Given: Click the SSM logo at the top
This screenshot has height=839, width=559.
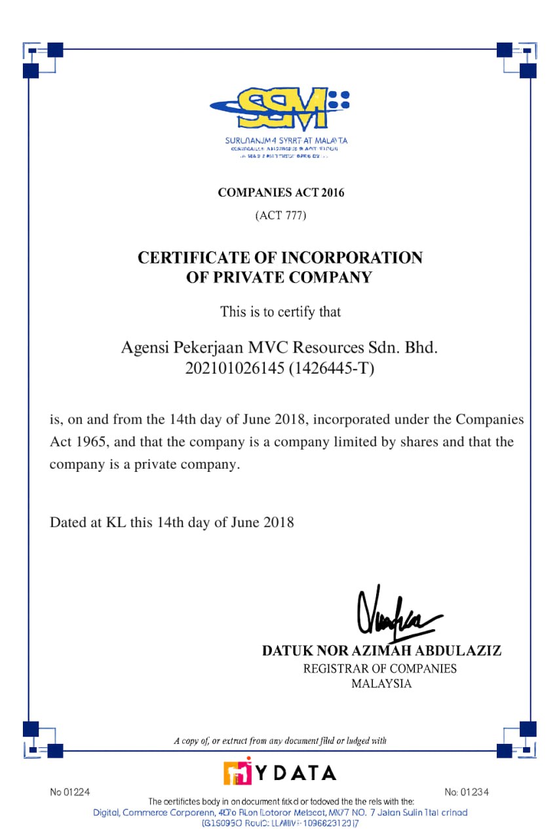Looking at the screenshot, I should (x=280, y=109).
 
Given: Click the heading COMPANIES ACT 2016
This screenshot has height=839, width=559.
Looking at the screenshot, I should (x=280, y=193).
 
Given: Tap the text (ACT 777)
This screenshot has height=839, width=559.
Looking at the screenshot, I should (x=280, y=215).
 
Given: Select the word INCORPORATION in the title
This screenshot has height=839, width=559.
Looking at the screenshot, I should (x=353, y=258).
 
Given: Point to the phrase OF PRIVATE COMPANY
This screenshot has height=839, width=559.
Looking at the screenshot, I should (x=279, y=277).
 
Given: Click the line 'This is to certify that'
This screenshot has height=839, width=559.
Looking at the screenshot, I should (x=280, y=311).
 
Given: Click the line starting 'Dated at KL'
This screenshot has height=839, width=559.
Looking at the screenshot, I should (x=172, y=522).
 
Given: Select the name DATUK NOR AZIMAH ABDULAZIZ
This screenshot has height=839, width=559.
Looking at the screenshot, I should (x=381, y=651).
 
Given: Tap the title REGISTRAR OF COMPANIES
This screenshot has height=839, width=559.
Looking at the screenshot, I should (x=380, y=669).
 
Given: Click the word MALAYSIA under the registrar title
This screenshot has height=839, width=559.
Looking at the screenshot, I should (x=381, y=684).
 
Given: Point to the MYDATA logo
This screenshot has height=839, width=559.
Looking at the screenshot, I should (x=280, y=773).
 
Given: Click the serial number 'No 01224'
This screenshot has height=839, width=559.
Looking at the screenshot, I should (x=70, y=792).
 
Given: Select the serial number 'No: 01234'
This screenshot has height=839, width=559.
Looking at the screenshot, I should (x=467, y=792).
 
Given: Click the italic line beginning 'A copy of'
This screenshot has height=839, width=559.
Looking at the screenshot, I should (x=280, y=741).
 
